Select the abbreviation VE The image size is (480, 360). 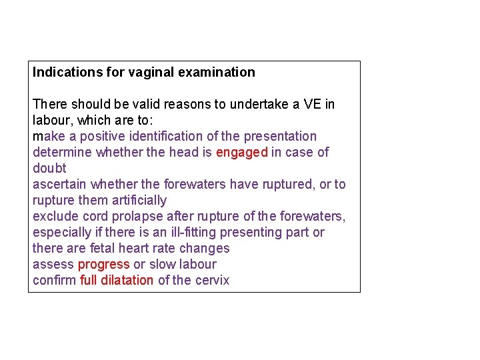[312, 104]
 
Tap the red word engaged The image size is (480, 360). [241, 152]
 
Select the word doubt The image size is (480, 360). [49, 168]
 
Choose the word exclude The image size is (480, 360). [55, 216]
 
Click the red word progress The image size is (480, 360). [103, 264]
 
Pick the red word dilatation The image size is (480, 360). [127, 280]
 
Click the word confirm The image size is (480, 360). [55, 280]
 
